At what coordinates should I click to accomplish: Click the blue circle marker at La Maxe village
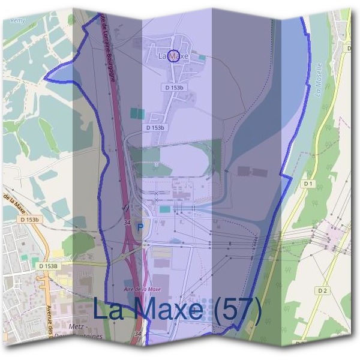[173, 56]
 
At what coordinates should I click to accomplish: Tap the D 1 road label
[308, 183]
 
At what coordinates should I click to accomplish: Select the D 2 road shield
[323, 290]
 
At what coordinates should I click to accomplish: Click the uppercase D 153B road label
[47, 266]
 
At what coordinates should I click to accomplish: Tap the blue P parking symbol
[140, 227]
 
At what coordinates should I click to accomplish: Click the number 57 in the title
[236, 310]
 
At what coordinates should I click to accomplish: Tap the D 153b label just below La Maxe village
[174, 88]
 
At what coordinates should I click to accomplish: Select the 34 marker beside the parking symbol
[127, 223]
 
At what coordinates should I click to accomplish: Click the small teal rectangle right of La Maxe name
[202, 58]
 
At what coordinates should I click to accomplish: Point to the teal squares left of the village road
[137, 113]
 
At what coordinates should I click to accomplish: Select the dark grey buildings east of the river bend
[252, 172]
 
